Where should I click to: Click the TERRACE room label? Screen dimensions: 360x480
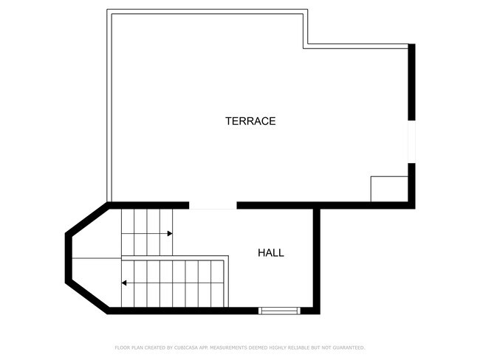[x=250, y=121]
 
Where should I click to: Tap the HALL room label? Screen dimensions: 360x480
[x=270, y=253]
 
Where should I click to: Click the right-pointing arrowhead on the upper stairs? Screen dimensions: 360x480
[x=170, y=233]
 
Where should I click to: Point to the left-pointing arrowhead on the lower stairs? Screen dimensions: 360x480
[x=124, y=283]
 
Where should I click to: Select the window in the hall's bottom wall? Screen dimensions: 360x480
[x=279, y=311]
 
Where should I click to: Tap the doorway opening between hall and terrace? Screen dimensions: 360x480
[x=213, y=205]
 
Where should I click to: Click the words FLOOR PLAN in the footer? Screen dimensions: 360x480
[x=127, y=347]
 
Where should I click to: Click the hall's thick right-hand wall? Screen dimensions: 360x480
[x=317, y=258]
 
